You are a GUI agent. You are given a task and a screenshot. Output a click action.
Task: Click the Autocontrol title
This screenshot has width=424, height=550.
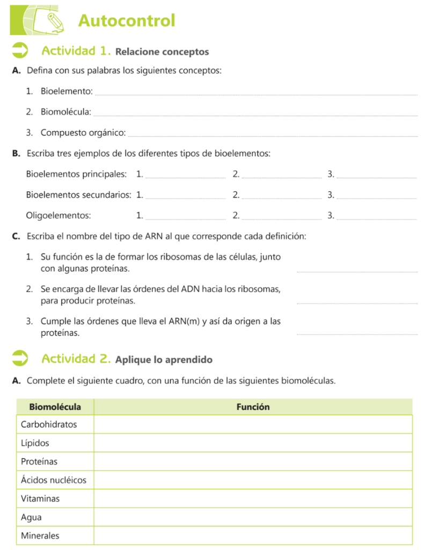coord(127,20)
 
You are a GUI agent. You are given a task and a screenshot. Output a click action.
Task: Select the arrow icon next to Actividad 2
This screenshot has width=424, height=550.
coord(20,358)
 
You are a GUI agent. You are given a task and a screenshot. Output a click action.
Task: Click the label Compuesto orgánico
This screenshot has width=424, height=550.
coord(83,133)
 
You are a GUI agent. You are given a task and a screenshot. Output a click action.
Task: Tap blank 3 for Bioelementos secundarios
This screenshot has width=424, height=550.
coord(377,196)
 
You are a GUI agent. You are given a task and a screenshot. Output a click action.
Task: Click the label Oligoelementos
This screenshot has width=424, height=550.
coord(59,215)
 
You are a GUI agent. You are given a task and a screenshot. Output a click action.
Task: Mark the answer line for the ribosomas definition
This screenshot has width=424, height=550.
coord(357,270)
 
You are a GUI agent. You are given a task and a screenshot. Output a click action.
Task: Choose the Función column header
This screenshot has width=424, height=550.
coord(253,407)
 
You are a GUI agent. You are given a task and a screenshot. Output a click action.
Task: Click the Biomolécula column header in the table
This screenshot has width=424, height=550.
coord(55,407)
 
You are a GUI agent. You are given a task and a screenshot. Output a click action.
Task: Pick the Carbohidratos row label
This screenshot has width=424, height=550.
coord(49,424)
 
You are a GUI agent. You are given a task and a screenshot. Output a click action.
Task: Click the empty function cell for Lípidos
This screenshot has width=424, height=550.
coord(253,443)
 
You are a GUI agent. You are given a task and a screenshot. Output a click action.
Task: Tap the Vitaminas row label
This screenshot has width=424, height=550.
coord(40,498)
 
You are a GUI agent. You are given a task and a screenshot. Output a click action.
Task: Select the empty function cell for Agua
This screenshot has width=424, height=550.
coord(253,518)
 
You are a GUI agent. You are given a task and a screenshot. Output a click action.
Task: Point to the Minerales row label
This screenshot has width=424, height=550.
coord(40,535)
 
